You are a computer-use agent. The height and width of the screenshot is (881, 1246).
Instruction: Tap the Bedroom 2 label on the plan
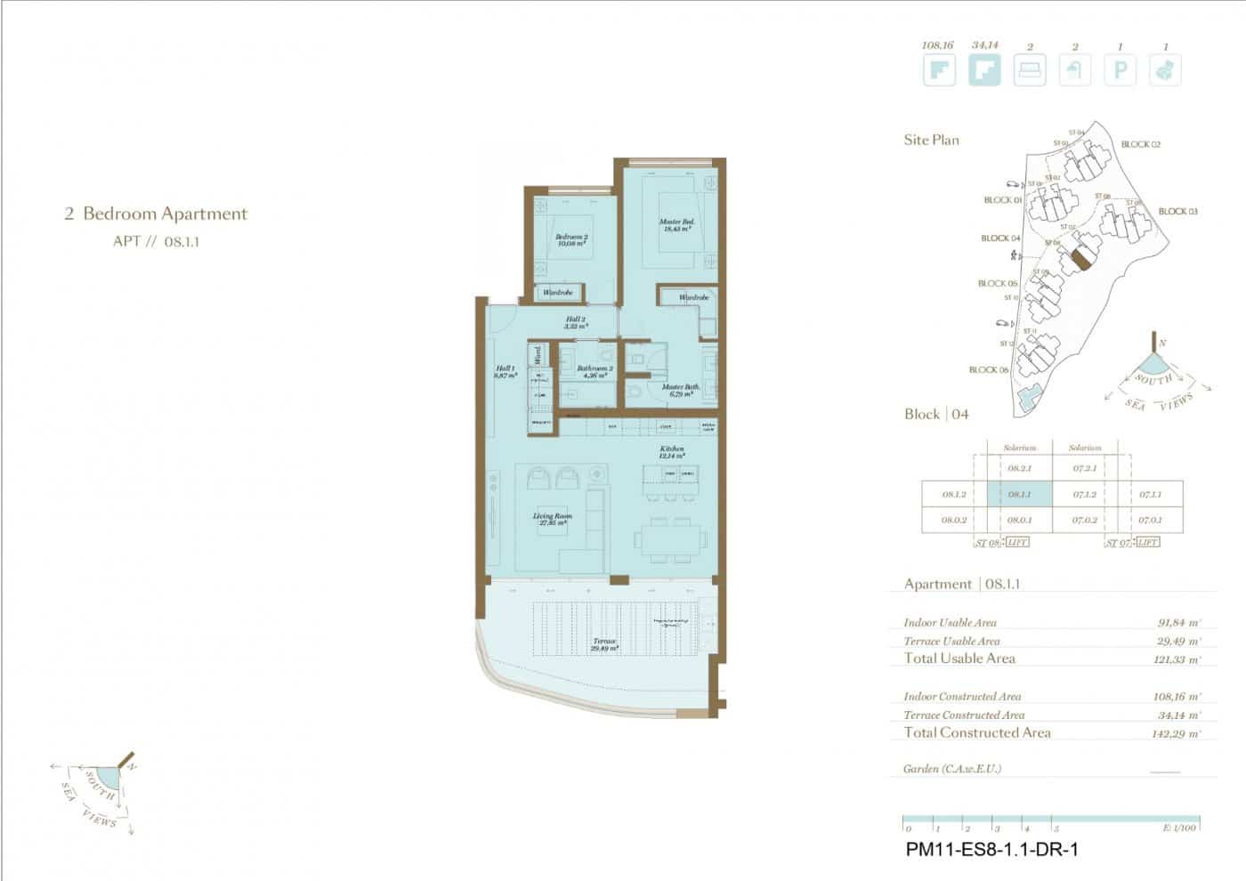pos(570,239)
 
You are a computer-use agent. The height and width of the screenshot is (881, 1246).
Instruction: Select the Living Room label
pos(552,519)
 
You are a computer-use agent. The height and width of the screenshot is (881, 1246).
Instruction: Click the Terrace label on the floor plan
pos(604,644)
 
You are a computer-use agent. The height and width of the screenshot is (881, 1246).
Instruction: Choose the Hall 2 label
pos(575,322)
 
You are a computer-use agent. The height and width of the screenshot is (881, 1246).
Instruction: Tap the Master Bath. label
pos(680,390)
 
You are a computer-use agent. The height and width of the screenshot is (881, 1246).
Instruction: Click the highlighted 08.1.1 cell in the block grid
pos(1020,495)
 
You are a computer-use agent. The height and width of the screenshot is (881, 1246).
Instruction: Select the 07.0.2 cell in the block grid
pos(1084,520)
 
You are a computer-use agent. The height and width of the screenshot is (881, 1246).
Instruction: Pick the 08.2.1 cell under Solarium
pos(1020,468)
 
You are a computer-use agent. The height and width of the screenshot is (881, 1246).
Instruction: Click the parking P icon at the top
pos(1121,70)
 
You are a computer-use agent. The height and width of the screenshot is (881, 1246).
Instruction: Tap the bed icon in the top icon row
pos(1030,70)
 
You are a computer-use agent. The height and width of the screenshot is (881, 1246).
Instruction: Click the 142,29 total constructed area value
pos(1176,734)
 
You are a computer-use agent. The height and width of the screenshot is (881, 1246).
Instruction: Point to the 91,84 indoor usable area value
pos(1178,623)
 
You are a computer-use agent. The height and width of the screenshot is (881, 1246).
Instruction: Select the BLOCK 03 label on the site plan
pos(1177,212)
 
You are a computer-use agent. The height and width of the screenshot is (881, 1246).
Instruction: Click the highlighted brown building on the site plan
pos(1080,259)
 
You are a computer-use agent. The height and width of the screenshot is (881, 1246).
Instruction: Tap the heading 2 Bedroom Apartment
pos(156,214)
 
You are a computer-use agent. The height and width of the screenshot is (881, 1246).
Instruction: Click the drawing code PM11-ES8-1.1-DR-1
pos(991,850)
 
